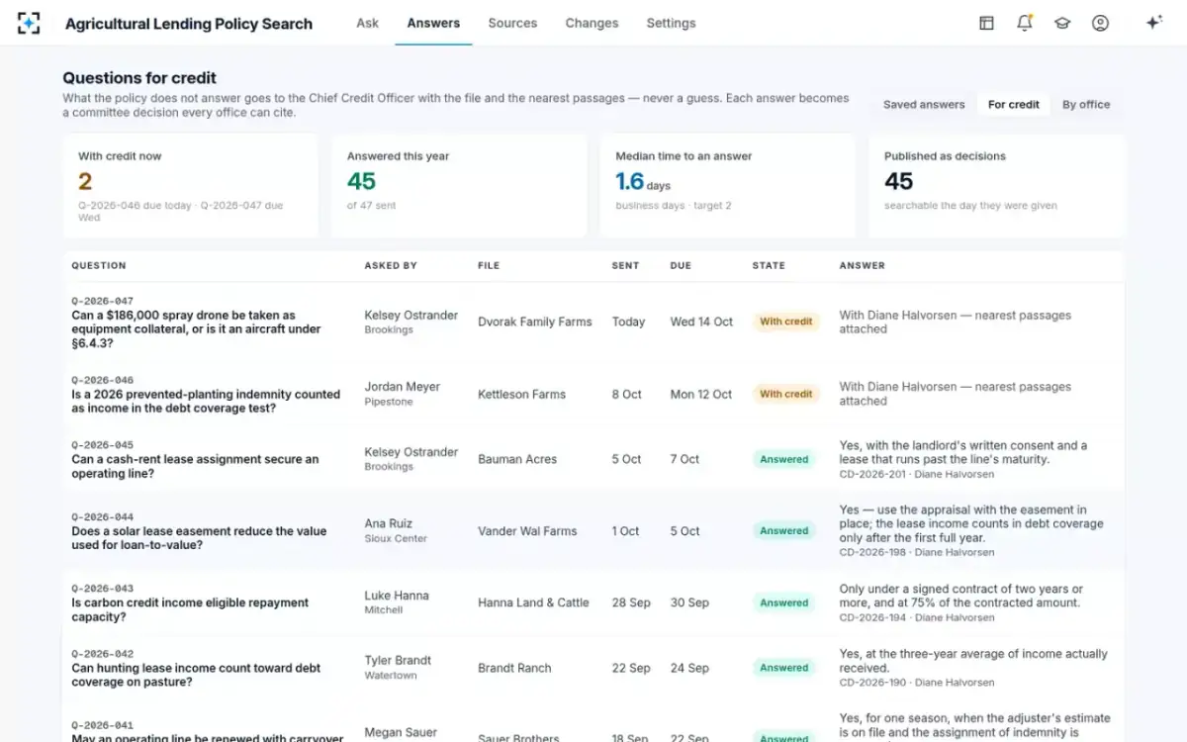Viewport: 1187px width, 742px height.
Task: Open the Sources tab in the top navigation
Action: (512, 23)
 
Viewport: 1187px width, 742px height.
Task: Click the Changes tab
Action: (592, 23)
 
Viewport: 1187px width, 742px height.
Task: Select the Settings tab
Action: (671, 23)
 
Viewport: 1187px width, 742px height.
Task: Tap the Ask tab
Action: (367, 23)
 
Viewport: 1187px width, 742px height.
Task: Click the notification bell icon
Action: (1025, 23)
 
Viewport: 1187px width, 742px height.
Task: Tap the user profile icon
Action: (1100, 23)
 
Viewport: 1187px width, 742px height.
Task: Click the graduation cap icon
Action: (1062, 23)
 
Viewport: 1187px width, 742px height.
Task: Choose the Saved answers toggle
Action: (924, 105)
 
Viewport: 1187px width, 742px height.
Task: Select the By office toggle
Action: (1086, 105)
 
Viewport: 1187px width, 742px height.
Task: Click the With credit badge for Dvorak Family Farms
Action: (785, 322)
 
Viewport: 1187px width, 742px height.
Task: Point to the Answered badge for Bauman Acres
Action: (783, 459)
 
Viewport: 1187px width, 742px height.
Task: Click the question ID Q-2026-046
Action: (102, 380)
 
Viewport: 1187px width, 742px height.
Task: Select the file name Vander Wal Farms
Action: (527, 530)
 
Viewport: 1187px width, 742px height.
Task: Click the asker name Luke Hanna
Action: (397, 596)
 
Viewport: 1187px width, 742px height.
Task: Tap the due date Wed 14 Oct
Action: (701, 322)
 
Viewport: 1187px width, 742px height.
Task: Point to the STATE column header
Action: (769, 265)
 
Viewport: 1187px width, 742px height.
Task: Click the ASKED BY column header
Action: (391, 265)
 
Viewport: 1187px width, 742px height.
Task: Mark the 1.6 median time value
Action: (629, 181)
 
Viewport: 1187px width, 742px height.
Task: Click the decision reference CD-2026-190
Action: (872, 683)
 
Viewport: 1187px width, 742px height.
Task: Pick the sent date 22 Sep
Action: (631, 668)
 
